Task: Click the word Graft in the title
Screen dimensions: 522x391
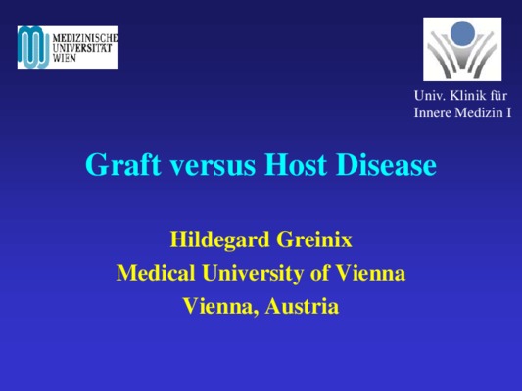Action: point(123,164)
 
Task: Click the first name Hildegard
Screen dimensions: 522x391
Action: point(219,239)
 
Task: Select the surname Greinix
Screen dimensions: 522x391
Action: point(314,239)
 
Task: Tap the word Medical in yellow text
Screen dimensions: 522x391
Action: point(156,273)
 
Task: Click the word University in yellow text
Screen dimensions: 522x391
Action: point(253,274)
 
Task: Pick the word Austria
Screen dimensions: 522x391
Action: point(302,306)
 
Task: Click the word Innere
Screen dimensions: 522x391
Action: point(433,112)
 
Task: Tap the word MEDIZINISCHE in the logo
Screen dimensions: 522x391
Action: point(85,38)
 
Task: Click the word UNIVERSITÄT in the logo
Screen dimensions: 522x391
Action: point(82,48)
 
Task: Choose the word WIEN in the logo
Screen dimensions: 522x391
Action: point(65,58)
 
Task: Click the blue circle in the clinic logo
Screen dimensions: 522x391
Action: point(462,33)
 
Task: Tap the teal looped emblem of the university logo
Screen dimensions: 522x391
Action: point(34,48)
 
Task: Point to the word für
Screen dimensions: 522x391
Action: point(498,96)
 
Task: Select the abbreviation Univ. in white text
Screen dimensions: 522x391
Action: point(430,96)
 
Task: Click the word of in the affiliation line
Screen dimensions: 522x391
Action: point(319,273)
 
